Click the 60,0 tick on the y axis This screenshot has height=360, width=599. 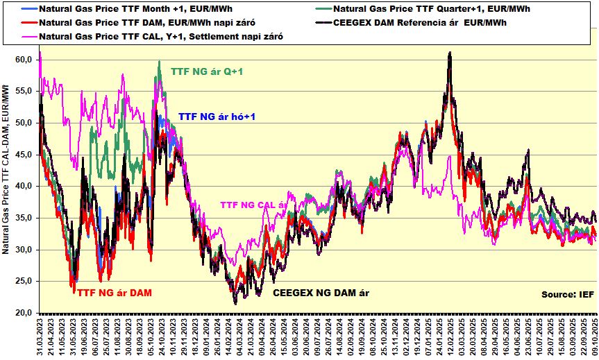24,60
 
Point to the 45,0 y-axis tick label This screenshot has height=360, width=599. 24,155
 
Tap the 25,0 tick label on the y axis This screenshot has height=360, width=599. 24,282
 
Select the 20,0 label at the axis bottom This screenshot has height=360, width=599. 24,314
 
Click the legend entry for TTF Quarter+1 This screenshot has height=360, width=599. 424,10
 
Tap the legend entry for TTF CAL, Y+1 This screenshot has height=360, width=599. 160,35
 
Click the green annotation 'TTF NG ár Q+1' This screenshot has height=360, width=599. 209,71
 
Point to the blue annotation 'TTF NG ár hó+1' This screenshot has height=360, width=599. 217,117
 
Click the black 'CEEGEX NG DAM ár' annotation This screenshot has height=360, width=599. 321,293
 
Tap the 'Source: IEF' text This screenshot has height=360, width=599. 567,295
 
